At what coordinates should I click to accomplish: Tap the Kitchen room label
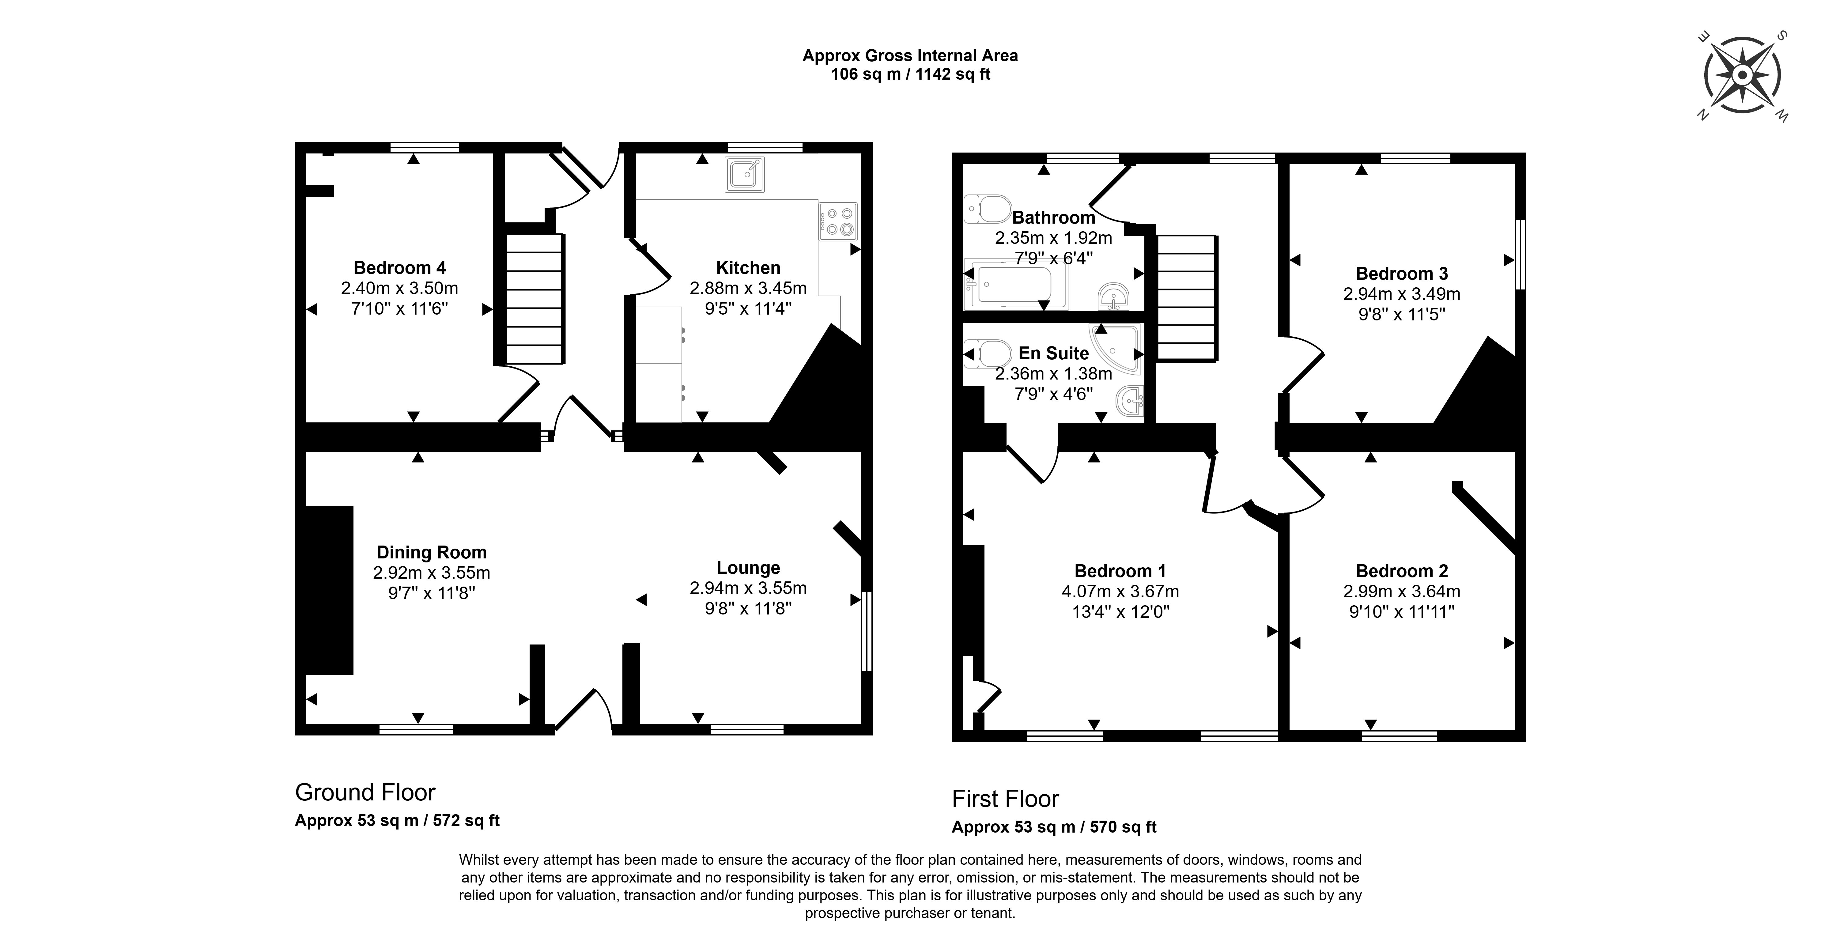click(x=748, y=268)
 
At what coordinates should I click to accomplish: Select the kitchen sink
click(x=744, y=175)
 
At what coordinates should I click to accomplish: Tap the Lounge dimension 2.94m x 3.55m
click(x=748, y=588)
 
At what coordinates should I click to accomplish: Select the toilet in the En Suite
click(x=988, y=353)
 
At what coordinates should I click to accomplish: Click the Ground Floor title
click(x=365, y=792)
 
